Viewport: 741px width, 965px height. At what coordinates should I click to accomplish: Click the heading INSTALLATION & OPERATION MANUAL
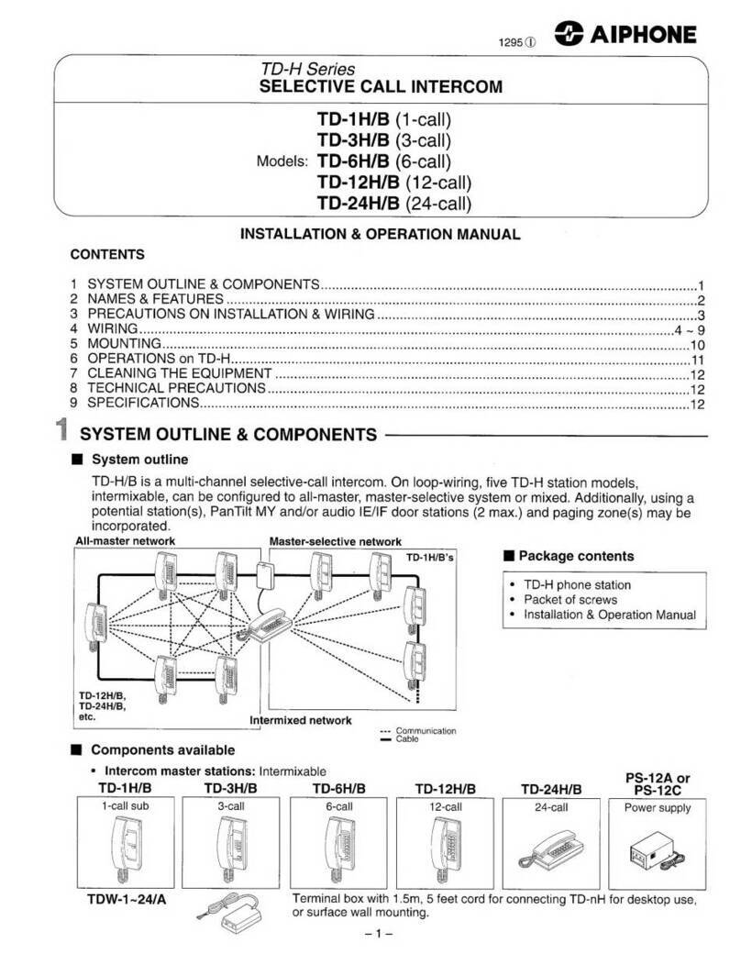pyautogui.click(x=380, y=235)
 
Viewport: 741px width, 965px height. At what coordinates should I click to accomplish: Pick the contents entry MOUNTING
pyautogui.click(x=118, y=343)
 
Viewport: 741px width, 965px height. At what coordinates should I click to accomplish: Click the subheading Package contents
pyautogui.click(x=575, y=556)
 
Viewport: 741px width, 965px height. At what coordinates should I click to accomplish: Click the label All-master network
pyautogui.click(x=124, y=541)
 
